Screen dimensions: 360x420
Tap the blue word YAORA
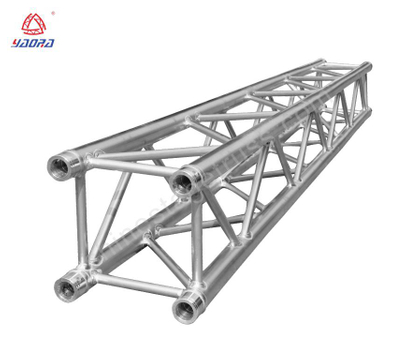coord(32,43)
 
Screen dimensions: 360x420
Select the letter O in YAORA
coord(32,43)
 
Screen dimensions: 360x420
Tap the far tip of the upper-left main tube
coord(322,63)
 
